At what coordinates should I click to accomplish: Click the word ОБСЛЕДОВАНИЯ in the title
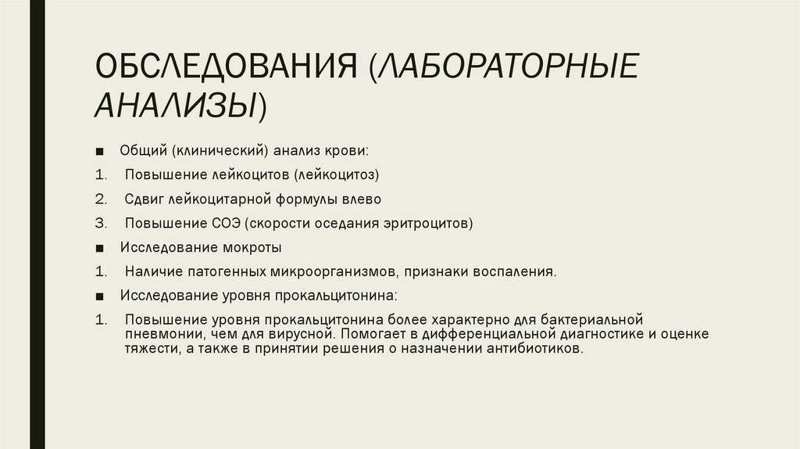click(224, 66)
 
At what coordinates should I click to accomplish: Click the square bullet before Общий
click(102, 150)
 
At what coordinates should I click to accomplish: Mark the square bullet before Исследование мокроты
click(102, 248)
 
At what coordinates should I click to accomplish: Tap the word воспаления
click(516, 272)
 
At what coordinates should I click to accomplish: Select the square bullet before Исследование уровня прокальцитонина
click(102, 297)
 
